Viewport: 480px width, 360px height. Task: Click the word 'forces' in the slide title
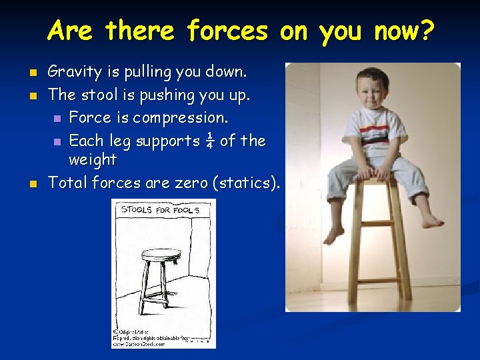tap(227, 31)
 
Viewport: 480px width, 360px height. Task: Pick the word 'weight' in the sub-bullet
tap(93, 160)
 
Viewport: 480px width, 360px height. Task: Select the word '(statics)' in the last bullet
tap(246, 183)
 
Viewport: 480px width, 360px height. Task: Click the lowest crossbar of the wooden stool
tap(378, 281)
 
